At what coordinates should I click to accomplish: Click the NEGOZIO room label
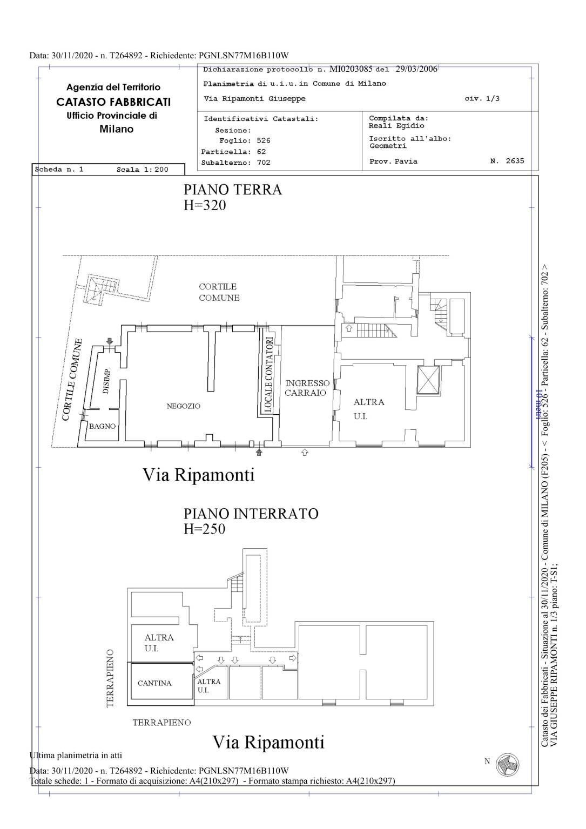pyautogui.click(x=183, y=406)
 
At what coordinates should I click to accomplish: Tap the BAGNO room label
pyautogui.click(x=102, y=426)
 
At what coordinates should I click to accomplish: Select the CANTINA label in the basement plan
pyautogui.click(x=154, y=683)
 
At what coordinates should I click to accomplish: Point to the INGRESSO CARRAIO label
pyautogui.click(x=307, y=388)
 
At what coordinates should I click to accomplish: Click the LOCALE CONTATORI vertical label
pyautogui.click(x=269, y=374)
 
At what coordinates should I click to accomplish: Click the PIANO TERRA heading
pyautogui.click(x=233, y=190)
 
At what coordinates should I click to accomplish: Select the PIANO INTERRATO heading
pyautogui.click(x=251, y=514)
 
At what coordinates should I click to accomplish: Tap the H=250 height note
pyautogui.click(x=204, y=529)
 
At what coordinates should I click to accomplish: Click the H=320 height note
pyautogui.click(x=204, y=205)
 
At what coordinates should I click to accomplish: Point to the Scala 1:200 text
pyautogui.click(x=142, y=170)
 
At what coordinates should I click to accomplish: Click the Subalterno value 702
pyautogui.click(x=264, y=163)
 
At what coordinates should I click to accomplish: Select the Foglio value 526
pyautogui.click(x=264, y=140)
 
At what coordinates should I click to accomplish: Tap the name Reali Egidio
pyautogui.click(x=396, y=126)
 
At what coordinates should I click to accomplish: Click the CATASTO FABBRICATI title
pyautogui.click(x=113, y=102)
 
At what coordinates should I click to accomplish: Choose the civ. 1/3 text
pyautogui.click(x=482, y=99)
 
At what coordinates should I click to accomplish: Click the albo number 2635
pyautogui.click(x=515, y=161)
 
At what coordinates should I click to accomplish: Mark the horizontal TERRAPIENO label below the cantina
pyautogui.click(x=161, y=723)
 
